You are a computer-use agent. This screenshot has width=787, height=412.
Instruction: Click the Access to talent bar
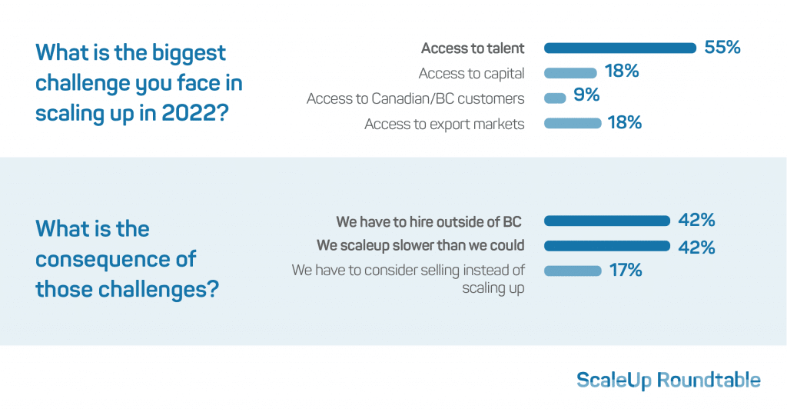point(620,48)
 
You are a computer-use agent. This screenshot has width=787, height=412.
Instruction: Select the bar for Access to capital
point(570,73)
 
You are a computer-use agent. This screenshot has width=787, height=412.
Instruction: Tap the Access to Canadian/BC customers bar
point(555,98)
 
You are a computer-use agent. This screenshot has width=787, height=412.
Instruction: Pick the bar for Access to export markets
point(573,124)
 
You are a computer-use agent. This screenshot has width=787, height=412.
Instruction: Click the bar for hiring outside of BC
point(607,221)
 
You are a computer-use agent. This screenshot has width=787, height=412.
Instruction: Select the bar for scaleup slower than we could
point(607,246)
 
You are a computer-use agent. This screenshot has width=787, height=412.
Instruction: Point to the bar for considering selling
point(573,271)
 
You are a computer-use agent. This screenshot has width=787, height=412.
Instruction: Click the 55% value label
point(722,47)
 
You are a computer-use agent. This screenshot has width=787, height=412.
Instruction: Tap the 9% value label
point(586,95)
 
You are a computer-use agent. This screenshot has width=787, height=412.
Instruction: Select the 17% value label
point(626,271)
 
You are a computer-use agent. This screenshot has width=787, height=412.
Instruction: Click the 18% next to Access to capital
point(621,71)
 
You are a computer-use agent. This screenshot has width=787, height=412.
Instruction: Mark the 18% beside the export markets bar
point(624,122)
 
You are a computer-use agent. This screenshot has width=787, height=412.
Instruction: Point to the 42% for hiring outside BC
point(696,220)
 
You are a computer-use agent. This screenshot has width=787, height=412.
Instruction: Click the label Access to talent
point(473,48)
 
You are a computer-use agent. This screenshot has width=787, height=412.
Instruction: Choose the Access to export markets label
point(444,124)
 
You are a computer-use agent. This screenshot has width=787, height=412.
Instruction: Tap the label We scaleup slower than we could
point(420,245)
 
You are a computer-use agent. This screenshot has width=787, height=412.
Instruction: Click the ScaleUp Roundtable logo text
point(669,380)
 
